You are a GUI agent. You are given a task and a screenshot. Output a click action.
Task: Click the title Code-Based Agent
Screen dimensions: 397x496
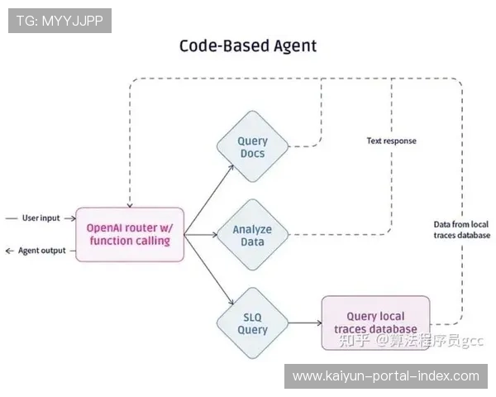[247, 45]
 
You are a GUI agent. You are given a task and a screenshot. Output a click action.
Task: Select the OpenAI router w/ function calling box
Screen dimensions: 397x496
[130, 234]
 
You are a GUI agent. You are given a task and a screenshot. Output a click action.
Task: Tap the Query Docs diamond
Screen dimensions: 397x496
[252, 147]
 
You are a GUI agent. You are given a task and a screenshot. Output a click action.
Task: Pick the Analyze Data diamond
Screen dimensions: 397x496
[252, 235]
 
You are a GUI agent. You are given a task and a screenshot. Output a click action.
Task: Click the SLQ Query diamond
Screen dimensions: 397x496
[252, 323]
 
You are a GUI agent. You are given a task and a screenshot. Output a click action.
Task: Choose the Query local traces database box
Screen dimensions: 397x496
[375, 323]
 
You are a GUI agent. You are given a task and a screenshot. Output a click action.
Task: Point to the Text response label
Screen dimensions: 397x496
[391, 141]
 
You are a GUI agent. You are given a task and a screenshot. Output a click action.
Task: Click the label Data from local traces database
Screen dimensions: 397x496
[460, 230]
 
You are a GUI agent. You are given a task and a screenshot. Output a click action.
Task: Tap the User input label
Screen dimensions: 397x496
[41, 218]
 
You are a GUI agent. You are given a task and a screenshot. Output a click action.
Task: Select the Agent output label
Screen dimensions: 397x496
[41, 251]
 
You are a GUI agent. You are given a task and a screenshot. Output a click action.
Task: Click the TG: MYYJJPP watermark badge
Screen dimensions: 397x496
[60, 20]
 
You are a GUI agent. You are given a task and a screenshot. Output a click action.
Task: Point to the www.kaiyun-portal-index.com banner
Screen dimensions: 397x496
[386, 376]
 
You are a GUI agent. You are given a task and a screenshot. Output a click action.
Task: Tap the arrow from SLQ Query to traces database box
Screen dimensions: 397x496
[304, 323]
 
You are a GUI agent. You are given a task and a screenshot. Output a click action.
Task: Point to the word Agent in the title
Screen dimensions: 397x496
[290, 45]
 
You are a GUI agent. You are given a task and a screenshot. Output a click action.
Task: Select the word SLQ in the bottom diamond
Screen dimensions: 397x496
[252, 316]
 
